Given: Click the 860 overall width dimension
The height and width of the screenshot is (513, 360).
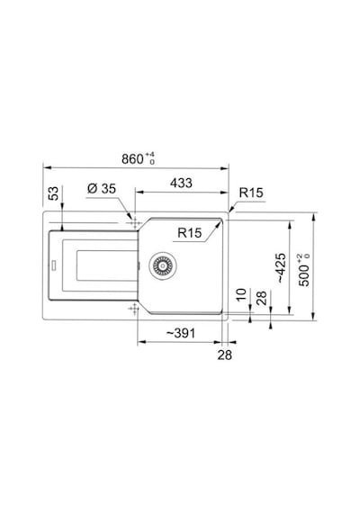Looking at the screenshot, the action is click(138, 158).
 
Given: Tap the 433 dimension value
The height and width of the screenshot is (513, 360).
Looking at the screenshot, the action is click(181, 183).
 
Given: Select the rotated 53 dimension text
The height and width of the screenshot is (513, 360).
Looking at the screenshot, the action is click(54, 193).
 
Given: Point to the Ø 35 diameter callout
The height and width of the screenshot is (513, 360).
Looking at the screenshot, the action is click(102, 188).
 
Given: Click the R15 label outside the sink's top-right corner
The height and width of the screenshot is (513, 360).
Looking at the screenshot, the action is click(251, 193).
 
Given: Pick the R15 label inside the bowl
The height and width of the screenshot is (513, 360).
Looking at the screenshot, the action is click(190, 232).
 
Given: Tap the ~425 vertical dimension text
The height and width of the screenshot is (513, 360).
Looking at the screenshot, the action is click(281, 268).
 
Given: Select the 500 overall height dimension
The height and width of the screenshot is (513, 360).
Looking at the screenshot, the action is click(304, 270).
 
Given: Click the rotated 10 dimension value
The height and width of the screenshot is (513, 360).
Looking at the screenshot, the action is click(240, 295).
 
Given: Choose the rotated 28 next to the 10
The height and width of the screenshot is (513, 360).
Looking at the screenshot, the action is click(262, 298).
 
